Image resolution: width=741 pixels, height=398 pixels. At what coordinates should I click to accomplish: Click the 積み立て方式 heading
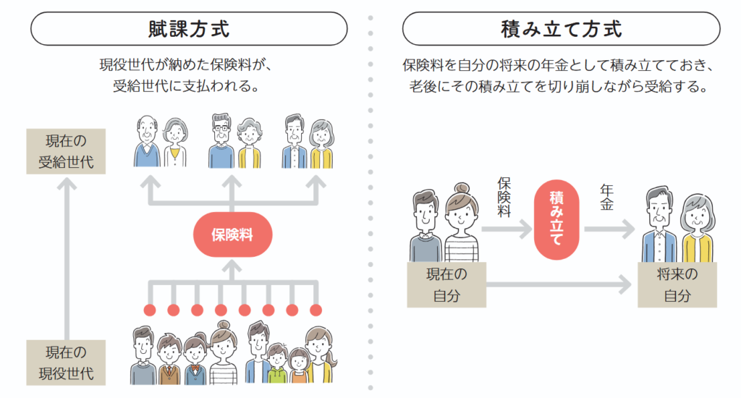(561, 30)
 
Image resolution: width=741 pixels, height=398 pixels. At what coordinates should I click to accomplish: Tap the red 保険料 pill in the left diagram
(231, 234)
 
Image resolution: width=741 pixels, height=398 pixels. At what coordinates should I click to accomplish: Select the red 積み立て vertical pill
(557, 221)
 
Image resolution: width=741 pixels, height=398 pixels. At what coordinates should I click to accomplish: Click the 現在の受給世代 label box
(66, 151)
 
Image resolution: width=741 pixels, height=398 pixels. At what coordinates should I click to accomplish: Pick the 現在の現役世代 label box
(66, 363)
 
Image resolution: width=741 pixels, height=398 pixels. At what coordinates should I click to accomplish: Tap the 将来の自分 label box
(676, 285)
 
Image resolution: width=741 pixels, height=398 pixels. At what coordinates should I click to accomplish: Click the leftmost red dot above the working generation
(150, 310)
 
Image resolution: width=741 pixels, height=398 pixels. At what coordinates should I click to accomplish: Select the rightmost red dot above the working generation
(316, 310)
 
